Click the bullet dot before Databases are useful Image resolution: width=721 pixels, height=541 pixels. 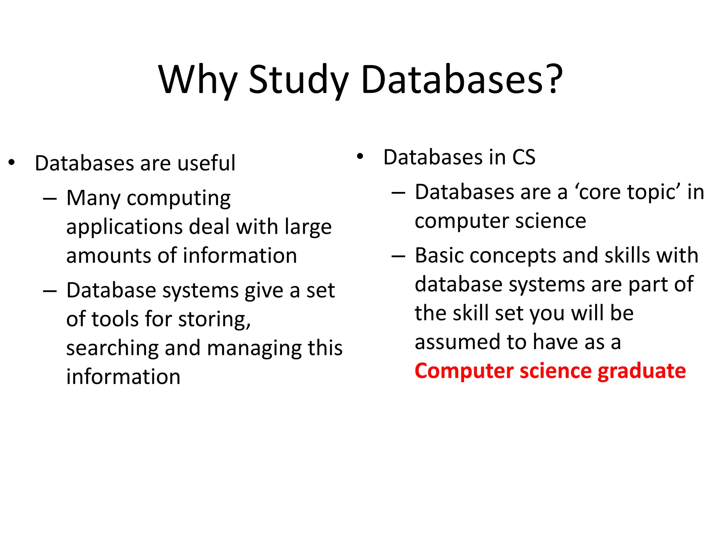[12, 163]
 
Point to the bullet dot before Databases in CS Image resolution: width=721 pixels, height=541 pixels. [360, 156]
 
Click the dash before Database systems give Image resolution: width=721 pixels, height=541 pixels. [50, 291]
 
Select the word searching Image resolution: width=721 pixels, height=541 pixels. [112, 348]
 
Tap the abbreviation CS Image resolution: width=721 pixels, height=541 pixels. [523, 157]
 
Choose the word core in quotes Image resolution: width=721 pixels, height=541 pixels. [600, 192]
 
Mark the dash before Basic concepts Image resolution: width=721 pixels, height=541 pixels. [399, 256]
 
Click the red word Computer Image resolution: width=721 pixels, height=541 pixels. [464, 371]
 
